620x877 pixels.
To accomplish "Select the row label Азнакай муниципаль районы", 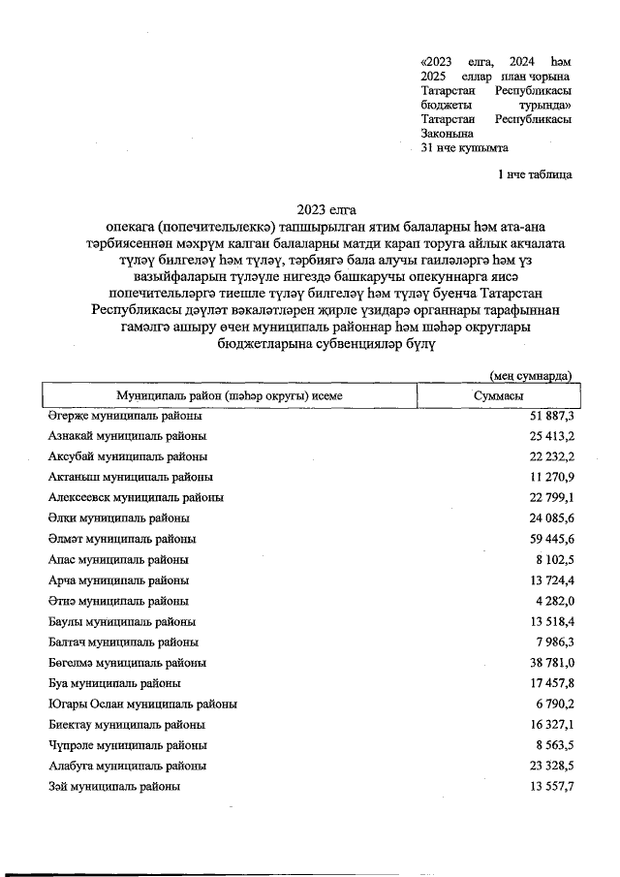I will pos(127,436).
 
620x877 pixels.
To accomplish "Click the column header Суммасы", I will pos(499,396).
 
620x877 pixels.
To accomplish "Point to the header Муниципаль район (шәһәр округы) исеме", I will pos(230,396).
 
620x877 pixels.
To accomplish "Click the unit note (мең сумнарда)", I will pos(530,375).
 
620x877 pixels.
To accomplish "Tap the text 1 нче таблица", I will pos(534,175).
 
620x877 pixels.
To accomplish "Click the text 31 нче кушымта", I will pos(464,148).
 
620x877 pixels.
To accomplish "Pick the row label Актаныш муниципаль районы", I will pos(131,477).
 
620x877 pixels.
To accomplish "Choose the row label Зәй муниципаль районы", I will pos(114,786).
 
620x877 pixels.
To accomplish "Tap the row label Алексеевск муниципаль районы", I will pos(136,497).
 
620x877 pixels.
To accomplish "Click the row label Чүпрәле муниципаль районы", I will pos(127,745).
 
